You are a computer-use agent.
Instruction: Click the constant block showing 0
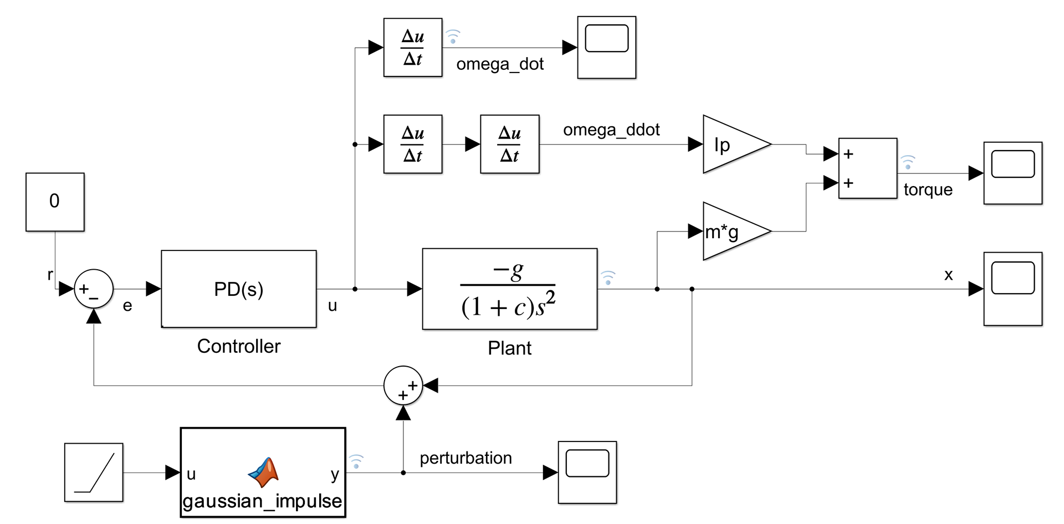click(x=55, y=202)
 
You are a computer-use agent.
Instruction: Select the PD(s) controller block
click(x=239, y=289)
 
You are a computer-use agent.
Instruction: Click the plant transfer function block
click(x=509, y=289)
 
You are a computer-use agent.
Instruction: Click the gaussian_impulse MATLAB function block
click(x=263, y=472)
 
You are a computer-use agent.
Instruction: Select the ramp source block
click(x=94, y=472)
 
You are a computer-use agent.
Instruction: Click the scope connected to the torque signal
click(x=1012, y=173)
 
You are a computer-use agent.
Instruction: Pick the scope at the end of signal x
click(x=1012, y=289)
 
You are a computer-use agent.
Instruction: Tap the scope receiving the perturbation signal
click(x=587, y=472)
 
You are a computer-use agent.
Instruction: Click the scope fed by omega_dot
click(x=606, y=48)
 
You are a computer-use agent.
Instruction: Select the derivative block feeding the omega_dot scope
click(x=413, y=48)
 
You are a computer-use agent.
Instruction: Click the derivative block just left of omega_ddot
click(x=509, y=144)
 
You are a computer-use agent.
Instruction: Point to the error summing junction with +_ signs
click(x=94, y=289)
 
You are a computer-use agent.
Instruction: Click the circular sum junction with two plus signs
click(x=403, y=386)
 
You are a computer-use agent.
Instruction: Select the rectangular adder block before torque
click(x=867, y=168)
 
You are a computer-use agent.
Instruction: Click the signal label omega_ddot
click(x=611, y=130)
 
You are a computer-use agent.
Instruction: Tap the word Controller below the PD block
click(x=239, y=346)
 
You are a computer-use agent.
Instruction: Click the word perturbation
click(x=465, y=458)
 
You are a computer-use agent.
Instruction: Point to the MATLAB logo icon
click(x=264, y=472)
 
